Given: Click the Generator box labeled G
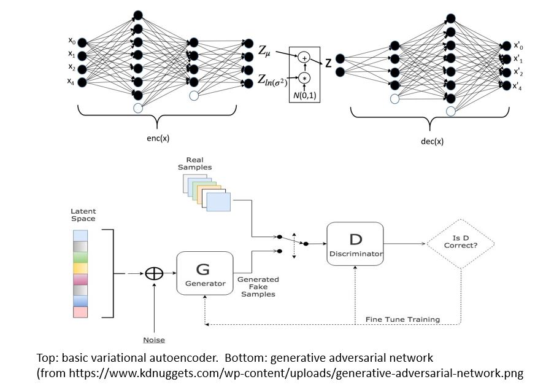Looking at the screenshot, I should click(205, 273).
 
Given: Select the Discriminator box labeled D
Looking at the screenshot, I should click(355, 244).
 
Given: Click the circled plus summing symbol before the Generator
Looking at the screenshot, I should click(153, 274).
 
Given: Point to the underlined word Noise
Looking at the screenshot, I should click(153, 339).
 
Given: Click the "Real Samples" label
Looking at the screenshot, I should click(194, 163).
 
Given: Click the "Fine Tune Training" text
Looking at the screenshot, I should click(402, 319).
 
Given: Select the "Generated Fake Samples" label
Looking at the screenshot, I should click(258, 287).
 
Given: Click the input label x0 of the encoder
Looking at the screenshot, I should click(72, 41).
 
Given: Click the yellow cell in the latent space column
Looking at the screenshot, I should click(80, 268).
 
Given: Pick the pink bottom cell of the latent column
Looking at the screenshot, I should click(80, 312).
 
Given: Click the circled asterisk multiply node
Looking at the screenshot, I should click(304, 78).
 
